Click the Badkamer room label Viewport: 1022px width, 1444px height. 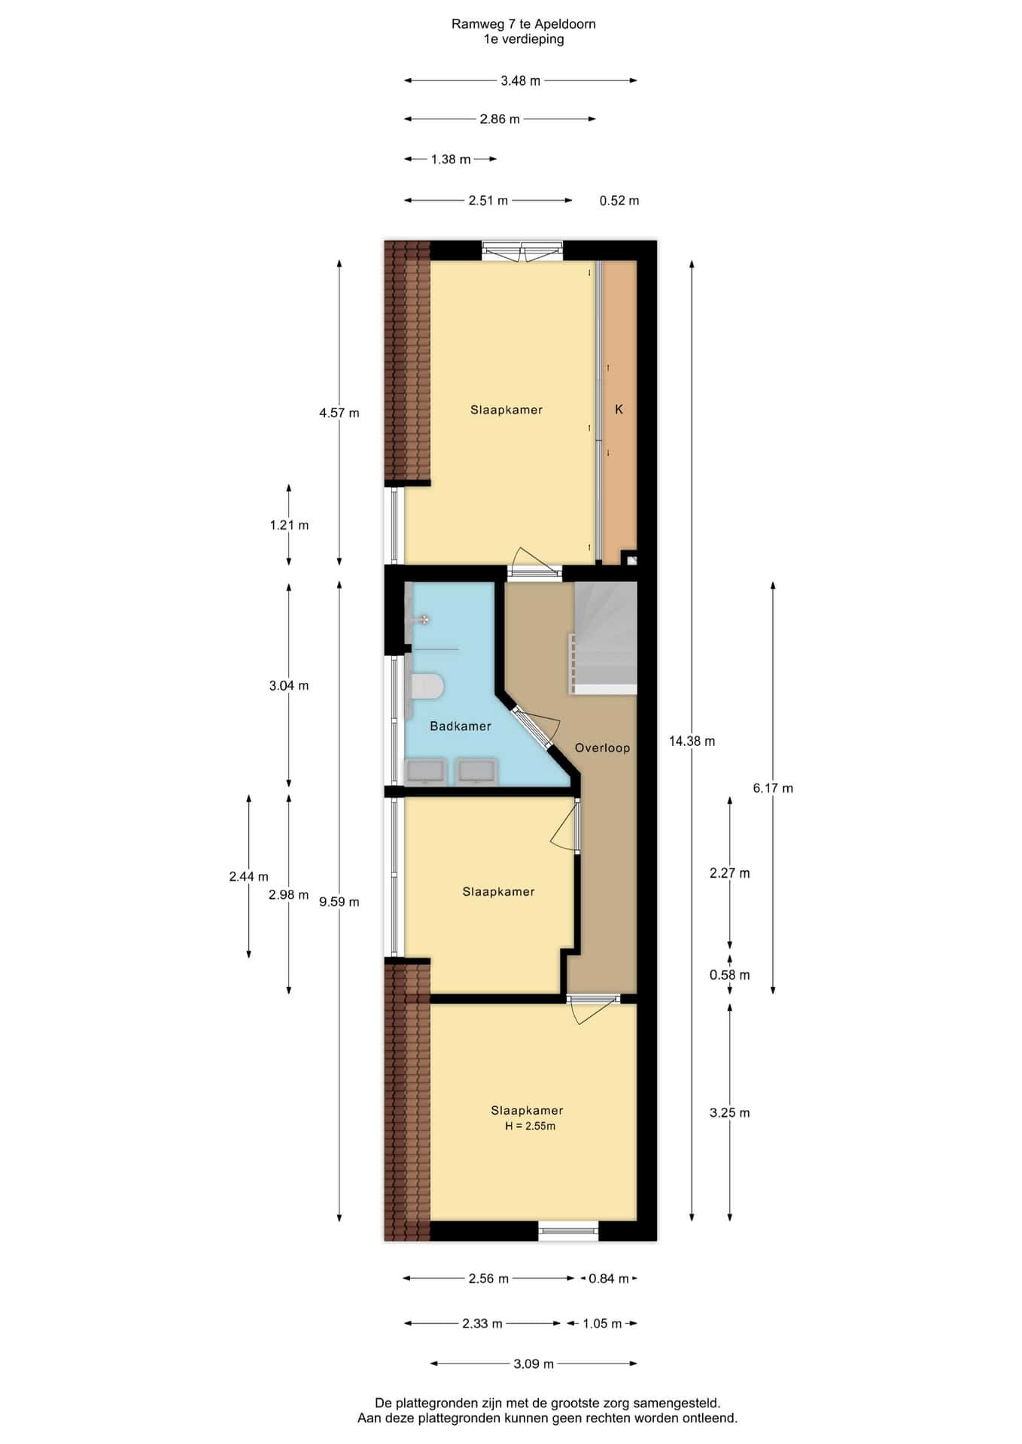tap(461, 726)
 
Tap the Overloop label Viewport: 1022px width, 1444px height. tap(602, 748)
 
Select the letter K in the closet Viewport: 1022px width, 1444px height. tap(619, 409)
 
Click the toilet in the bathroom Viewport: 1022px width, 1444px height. tap(424, 686)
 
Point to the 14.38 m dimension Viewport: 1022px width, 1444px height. tap(692, 741)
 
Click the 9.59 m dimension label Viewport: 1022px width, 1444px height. tap(339, 902)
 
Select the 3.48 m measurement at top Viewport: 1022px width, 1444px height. tap(521, 80)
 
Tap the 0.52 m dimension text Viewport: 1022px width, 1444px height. tap(619, 200)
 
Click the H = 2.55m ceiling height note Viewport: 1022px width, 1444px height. tap(531, 1126)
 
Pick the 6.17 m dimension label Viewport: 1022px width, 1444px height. tap(773, 788)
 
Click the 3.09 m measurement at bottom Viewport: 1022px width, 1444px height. tap(534, 1364)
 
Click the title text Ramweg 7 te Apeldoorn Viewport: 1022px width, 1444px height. tap(524, 24)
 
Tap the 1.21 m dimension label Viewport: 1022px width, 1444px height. tap(289, 525)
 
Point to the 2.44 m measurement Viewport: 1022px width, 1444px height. tap(249, 876)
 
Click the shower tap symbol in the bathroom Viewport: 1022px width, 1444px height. tap(424, 620)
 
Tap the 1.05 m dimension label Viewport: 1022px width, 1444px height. tap(602, 1323)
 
